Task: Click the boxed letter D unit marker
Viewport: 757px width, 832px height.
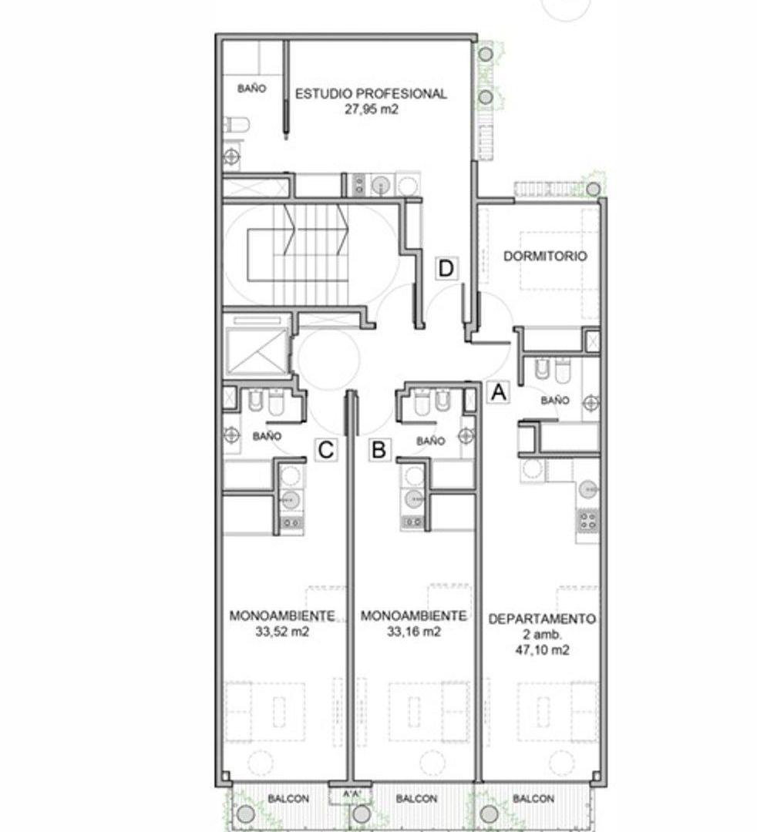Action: click(446, 269)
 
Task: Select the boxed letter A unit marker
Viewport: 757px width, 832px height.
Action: click(499, 393)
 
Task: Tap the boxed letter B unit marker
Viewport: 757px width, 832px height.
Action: click(379, 450)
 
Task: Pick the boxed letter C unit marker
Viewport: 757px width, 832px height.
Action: click(326, 450)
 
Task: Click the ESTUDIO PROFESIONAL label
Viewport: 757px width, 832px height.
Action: click(371, 94)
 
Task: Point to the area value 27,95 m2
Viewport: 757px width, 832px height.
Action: click(371, 110)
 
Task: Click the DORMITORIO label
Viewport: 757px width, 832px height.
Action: click(545, 257)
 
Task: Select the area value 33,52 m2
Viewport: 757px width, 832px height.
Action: click(282, 632)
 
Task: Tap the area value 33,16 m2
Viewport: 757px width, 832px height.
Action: click(413, 632)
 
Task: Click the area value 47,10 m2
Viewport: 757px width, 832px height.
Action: click(542, 650)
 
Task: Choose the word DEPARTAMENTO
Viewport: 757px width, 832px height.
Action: click(542, 619)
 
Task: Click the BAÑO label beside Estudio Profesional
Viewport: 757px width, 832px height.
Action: click(251, 89)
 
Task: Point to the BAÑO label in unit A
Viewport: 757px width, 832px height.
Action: click(555, 400)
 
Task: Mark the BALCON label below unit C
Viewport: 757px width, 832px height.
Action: click(288, 799)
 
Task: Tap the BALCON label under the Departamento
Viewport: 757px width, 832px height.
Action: click(533, 799)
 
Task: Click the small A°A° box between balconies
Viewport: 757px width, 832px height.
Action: click(352, 794)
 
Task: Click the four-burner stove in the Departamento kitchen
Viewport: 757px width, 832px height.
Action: click(587, 519)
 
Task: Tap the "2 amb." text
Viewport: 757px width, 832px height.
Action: click(542, 635)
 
